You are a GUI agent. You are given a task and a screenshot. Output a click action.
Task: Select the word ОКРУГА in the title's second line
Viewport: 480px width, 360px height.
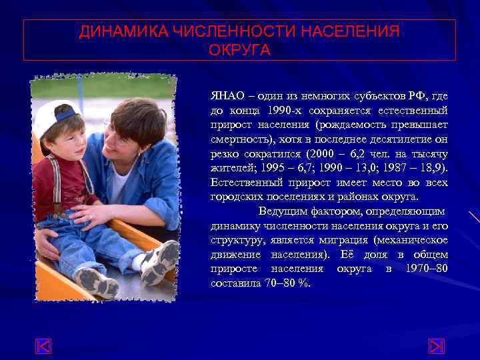point(240,51)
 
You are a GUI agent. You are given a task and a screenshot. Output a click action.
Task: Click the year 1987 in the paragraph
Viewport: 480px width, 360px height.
point(393,168)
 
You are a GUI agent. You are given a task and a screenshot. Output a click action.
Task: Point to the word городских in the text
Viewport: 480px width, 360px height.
point(237,197)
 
